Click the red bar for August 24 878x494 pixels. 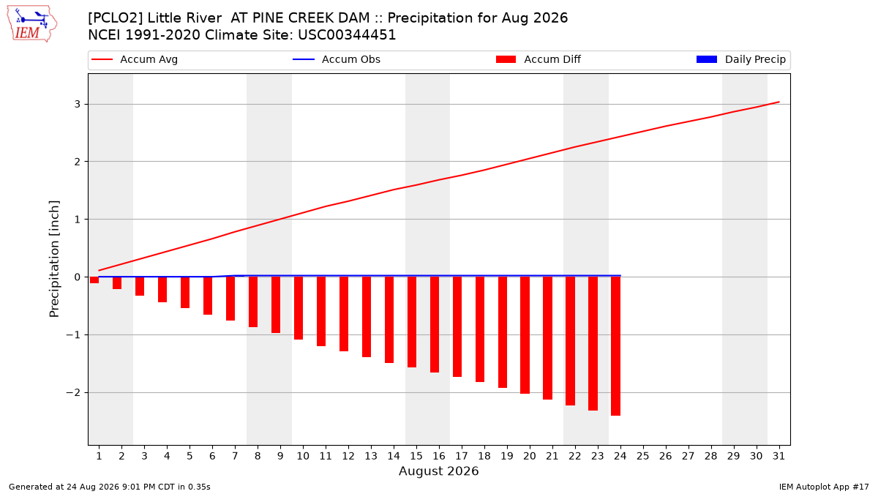(615, 346)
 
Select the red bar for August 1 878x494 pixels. (94, 280)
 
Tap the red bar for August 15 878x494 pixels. (411, 322)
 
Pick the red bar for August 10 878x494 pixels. (299, 308)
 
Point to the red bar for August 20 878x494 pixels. (525, 335)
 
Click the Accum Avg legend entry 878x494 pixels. (135, 59)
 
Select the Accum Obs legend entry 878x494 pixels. (337, 59)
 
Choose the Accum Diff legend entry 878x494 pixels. (539, 59)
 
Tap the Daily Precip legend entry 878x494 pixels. (740, 59)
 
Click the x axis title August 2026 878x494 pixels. (438, 471)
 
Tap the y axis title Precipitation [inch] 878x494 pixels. (54, 259)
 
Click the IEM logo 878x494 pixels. (31, 24)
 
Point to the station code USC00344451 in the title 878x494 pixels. (347, 35)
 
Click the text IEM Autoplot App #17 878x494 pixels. (824, 487)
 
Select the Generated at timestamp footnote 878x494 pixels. (109, 487)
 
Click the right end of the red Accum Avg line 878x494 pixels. (778, 102)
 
